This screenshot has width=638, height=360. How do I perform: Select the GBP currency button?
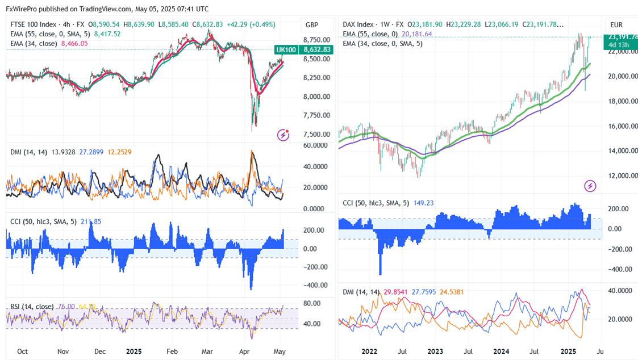312,25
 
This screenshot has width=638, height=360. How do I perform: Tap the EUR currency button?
616,25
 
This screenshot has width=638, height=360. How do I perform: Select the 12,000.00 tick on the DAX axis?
620,175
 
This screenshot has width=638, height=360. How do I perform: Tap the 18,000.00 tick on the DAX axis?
620,101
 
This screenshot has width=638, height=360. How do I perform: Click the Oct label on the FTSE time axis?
22,351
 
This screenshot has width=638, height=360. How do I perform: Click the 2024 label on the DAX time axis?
501,351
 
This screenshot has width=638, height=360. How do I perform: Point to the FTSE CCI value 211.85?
91,221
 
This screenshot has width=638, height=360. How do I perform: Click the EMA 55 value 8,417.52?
107,34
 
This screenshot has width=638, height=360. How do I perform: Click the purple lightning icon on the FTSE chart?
283,135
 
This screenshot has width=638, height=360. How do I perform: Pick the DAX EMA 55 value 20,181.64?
416,34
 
